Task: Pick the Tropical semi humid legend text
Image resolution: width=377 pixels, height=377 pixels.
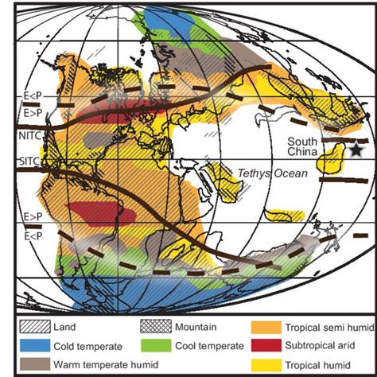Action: pos(322,326)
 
